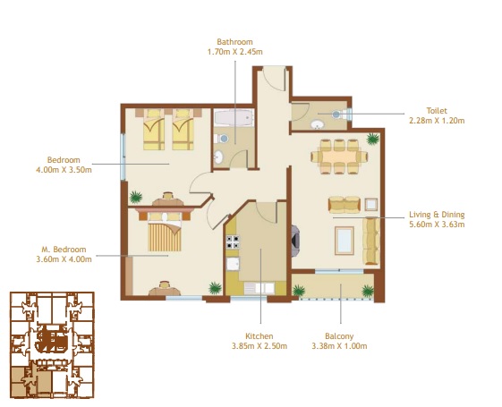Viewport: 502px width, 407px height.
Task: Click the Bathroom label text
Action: tap(234, 41)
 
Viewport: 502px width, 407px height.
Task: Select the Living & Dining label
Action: tap(437, 215)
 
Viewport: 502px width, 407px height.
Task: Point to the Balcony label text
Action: tap(339, 335)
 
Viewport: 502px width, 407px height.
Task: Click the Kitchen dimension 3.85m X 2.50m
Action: tap(260, 346)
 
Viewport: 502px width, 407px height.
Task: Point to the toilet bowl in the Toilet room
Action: tap(336, 114)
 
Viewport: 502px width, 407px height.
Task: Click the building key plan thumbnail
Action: tap(51, 345)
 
